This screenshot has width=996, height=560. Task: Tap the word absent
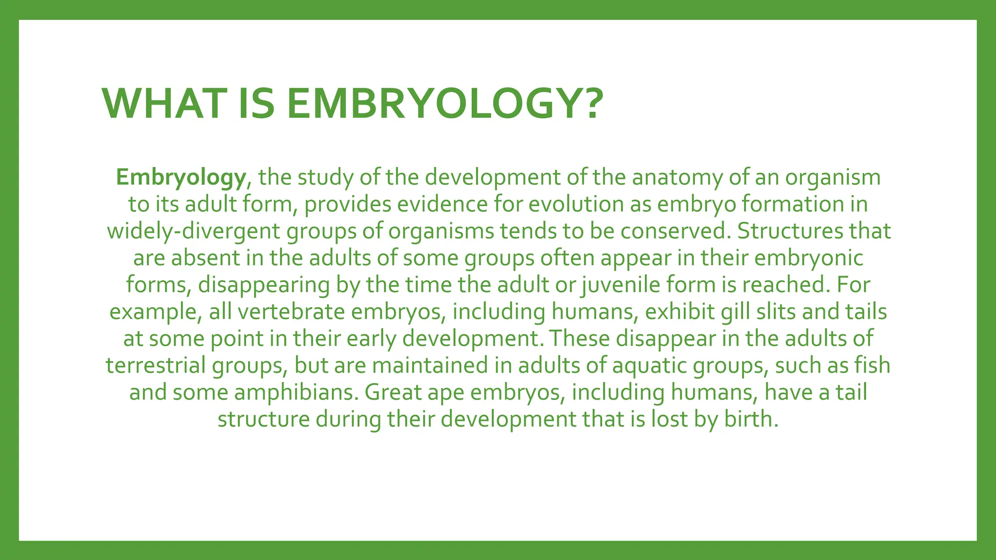tap(206, 258)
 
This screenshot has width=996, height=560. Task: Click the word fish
tap(873, 366)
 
